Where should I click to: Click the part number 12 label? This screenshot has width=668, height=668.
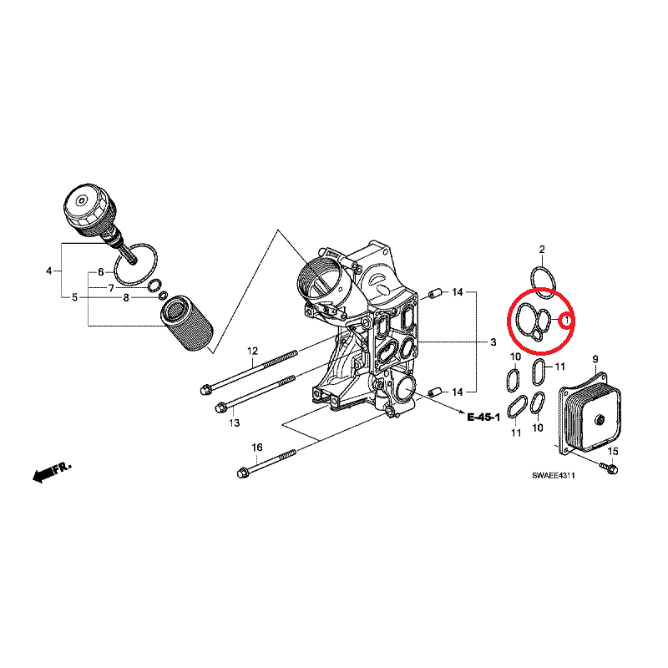[253, 351]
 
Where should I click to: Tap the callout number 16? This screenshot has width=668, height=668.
[257, 447]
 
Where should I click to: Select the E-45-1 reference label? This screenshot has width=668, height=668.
[483, 417]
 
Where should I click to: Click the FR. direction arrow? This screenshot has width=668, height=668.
[52, 471]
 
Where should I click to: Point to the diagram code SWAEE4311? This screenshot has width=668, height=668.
[554, 475]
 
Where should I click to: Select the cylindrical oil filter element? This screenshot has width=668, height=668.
[186, 324]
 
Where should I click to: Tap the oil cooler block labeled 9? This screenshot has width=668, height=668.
[590, 412]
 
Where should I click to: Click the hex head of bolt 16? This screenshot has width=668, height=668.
[243, 473]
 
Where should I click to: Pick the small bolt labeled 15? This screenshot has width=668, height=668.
[609, 468]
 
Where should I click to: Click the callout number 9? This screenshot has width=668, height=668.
[595, 359]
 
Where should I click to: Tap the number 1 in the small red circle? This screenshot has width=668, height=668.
[567, 319]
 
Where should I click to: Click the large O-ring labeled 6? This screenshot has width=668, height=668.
[135, 264]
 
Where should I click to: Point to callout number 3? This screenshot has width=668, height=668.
[493, 342]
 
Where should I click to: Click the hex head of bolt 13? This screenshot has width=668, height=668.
[221, 407]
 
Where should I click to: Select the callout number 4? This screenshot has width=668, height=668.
[49, 271]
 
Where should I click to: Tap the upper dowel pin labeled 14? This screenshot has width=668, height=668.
[435, 294]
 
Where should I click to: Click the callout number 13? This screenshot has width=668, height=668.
[235, 423]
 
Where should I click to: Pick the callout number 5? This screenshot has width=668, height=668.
[74, 297]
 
